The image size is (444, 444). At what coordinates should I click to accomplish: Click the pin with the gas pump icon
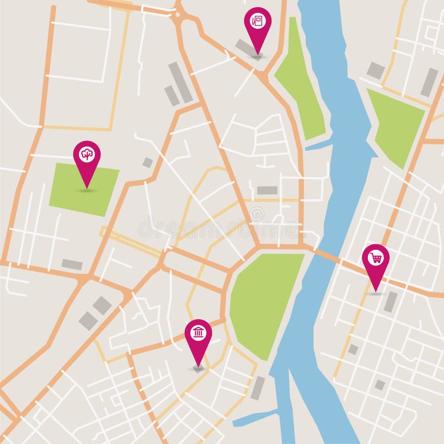(x=258, y=22)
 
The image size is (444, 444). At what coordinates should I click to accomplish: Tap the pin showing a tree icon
(x=87, y=155)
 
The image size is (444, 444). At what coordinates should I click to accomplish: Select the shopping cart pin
(x=376, y=259)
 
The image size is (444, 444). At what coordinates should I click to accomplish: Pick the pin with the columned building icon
(x=198, y=334)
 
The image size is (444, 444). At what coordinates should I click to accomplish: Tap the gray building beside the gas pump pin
(x=244, y=48)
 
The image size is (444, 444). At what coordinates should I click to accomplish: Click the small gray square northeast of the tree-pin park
(x=148, y=163)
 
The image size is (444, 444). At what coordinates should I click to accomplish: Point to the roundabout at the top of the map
(x=178, y=14)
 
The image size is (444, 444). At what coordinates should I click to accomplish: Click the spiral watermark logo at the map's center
(x=256, y=213)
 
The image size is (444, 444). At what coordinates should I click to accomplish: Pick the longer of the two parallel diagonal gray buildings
(x=180, y=82)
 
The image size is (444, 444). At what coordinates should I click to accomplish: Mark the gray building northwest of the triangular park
(x=376, y=70)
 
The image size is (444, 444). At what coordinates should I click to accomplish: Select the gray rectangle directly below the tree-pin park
(x=72, y=265)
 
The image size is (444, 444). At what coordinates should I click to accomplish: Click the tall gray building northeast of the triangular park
(x=429, y=83)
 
